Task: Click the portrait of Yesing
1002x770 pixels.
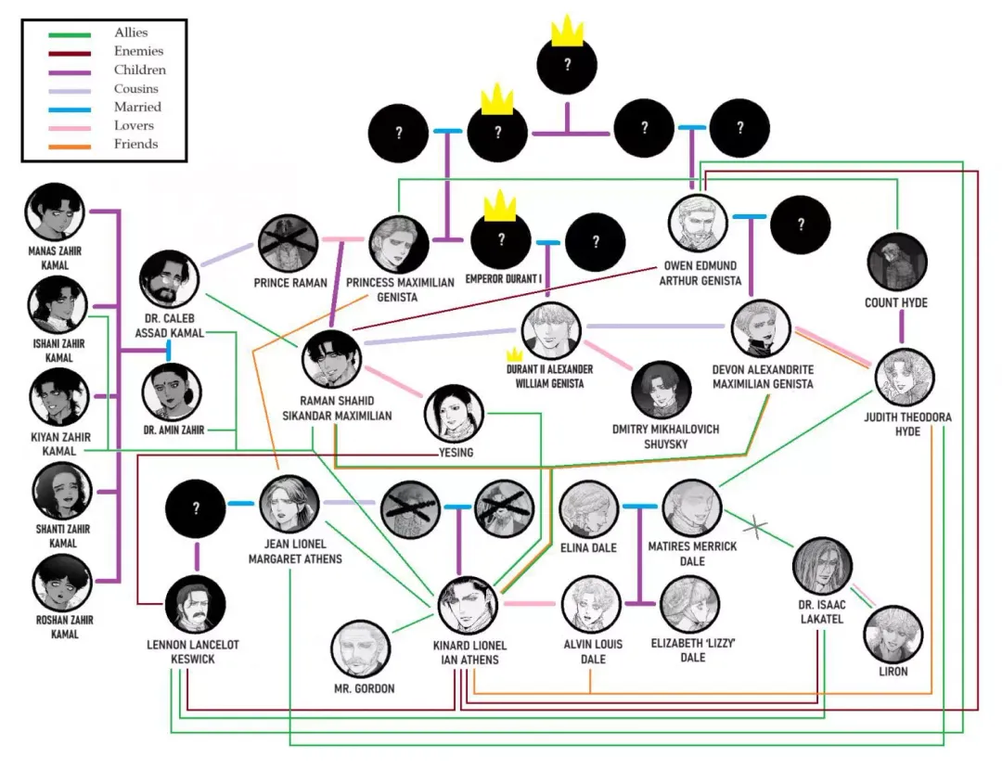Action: coord(454,414)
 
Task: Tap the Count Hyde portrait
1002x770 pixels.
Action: coord(897,262)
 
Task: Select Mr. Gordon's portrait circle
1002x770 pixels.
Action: coord(362,649)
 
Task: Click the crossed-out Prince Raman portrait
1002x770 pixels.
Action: coord(289,244)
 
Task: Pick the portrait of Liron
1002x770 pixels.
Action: coord(893,635)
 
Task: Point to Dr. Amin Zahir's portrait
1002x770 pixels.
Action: coord(172,392)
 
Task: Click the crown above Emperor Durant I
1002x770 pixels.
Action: coord(500,206)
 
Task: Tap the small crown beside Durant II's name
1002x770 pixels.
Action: coord(514,354)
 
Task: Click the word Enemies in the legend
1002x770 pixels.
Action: coord(138,51)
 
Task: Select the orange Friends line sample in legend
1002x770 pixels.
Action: coord(70,147)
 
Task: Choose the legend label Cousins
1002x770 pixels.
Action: coord(136,88)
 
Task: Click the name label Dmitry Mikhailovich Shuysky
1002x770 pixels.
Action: coord(665,436)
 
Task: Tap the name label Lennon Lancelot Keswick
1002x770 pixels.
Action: coord(193,652)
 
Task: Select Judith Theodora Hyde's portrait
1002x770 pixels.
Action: coord(905,378)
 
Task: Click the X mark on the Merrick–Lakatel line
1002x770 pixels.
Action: coord(756,527)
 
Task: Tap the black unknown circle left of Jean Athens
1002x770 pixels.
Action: coord(196,508)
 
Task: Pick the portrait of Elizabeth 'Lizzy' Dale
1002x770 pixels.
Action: coord(690,605)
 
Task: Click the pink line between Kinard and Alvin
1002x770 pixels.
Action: coord(530,603)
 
